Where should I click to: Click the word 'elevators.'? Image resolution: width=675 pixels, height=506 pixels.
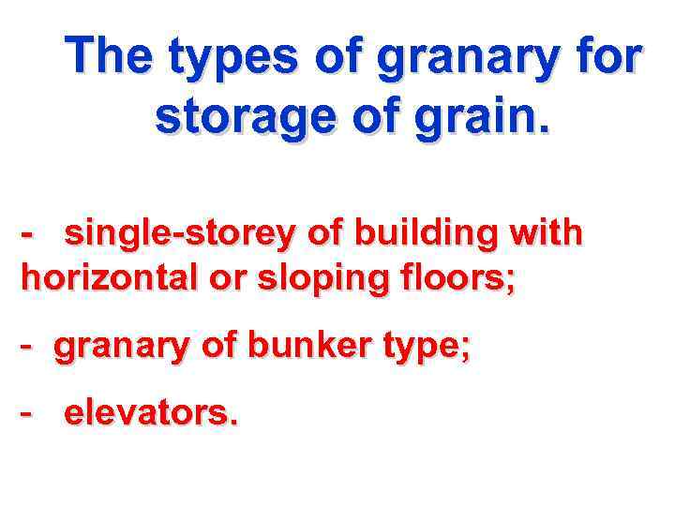coord(151,414)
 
